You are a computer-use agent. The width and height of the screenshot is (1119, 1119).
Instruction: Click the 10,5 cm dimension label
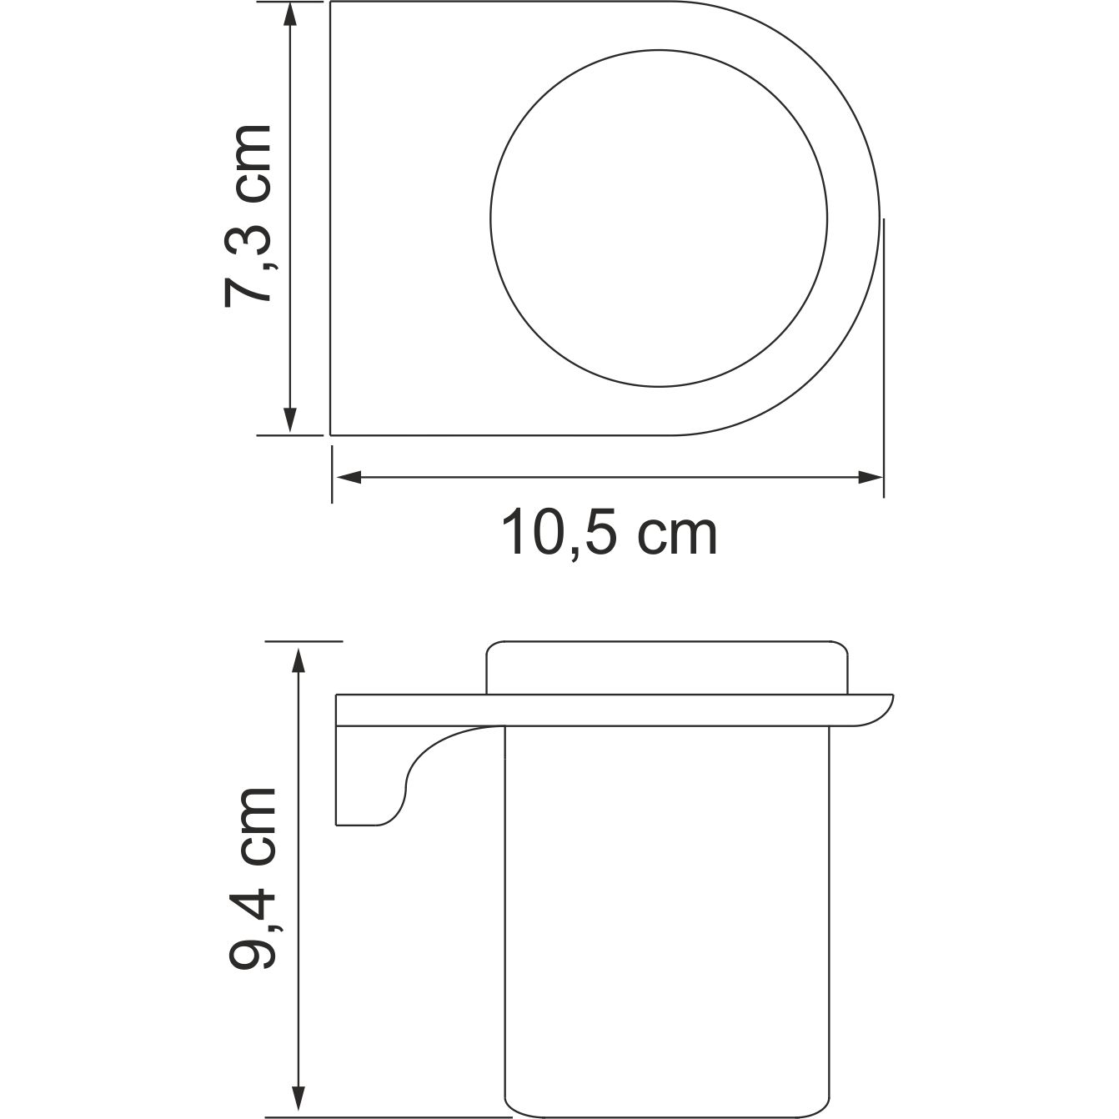point(609,534)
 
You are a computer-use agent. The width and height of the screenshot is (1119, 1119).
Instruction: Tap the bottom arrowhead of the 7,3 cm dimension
point(289,420)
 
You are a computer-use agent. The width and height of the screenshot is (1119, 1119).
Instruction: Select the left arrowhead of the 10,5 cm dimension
point(347,478)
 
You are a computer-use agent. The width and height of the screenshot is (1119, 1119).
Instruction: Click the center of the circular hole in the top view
point(659,219)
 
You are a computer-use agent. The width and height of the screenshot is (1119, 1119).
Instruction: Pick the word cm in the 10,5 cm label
point(677,534)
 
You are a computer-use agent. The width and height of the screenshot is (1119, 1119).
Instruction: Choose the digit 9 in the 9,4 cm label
point(252,947)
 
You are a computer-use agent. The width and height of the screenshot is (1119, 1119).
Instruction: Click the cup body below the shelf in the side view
point(668,917)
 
